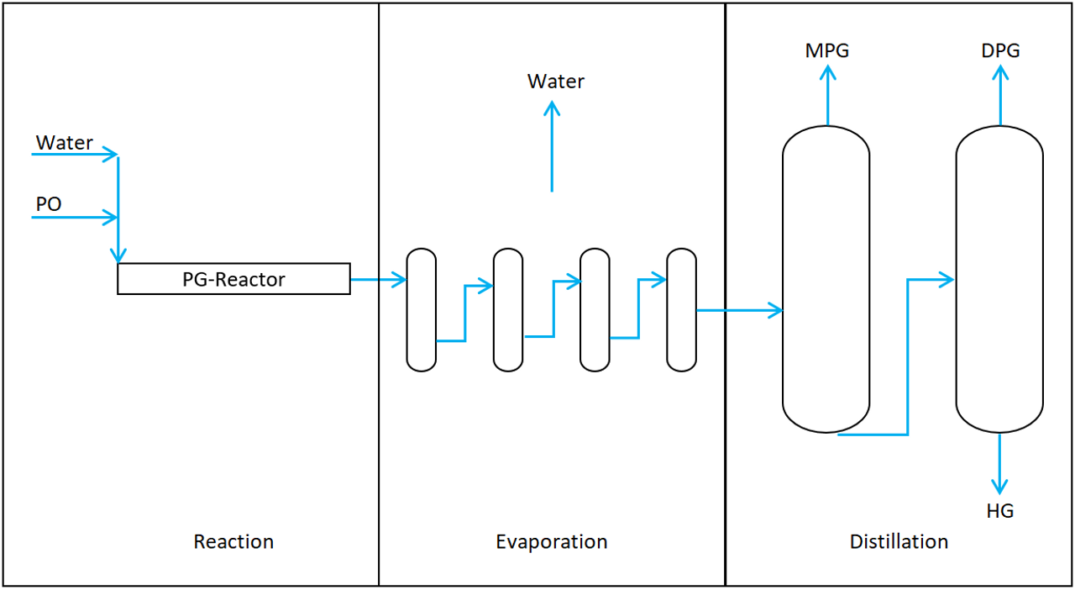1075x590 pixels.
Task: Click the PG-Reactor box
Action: pos(233,279)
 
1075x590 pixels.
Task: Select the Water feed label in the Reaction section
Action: pos(64,143)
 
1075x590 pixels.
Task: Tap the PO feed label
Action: pos(49,205)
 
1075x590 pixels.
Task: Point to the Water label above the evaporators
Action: pos(555,82)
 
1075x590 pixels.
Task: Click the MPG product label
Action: pos(827,50)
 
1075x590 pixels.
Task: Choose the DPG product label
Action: pos(1000,50)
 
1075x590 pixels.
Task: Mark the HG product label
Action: pos(1000,510)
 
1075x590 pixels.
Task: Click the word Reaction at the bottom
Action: pos(233,542)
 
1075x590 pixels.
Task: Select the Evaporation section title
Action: pos(551,542)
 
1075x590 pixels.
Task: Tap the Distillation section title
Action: pos(899,542)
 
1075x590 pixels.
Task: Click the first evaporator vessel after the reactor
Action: pos(422,310)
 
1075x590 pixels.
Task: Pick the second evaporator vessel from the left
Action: pos(508,310)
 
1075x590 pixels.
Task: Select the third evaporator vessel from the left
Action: pos(595,310)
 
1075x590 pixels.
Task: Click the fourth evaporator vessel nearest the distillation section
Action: pos(681,310)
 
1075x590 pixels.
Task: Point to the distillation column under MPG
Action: pos(826,279)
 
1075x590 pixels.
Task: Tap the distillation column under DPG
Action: pos(999,279)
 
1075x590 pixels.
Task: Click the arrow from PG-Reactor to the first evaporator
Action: pos(378,280)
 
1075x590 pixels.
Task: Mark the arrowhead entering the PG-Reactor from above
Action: pos(118,254)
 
